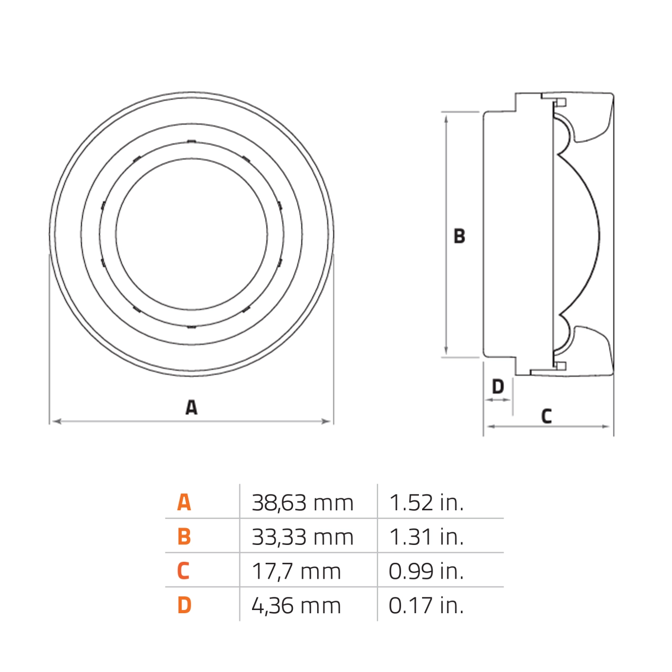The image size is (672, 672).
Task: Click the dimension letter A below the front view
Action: [x=192, y=407]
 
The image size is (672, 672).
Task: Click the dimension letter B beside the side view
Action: [x=459, y=236]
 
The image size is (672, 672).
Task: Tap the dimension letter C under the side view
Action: [x=547, y=416]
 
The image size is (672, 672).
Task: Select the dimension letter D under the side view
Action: [x=498, y=387]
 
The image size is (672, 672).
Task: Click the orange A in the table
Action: [x=184, y=502]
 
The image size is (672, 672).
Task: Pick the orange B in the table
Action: [x=184, y=537]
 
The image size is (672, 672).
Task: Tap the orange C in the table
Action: [x=183, y=571]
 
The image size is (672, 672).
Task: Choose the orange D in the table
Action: [x=184, y=605]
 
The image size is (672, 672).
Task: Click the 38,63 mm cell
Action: [x=302, y=503]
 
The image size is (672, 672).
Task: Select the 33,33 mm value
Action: [x=302, y=537]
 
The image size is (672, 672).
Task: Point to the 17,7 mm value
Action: [x=296, y=571]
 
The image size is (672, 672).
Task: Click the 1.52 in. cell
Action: [x=426, y=503]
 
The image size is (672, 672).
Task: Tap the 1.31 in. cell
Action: [x=426, y=537]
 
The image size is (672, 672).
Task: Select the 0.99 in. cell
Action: [x=426, y=571]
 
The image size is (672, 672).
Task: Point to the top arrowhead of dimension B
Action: [x=446, y=118]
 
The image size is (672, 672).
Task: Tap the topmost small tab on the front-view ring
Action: [x=192, y=141]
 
